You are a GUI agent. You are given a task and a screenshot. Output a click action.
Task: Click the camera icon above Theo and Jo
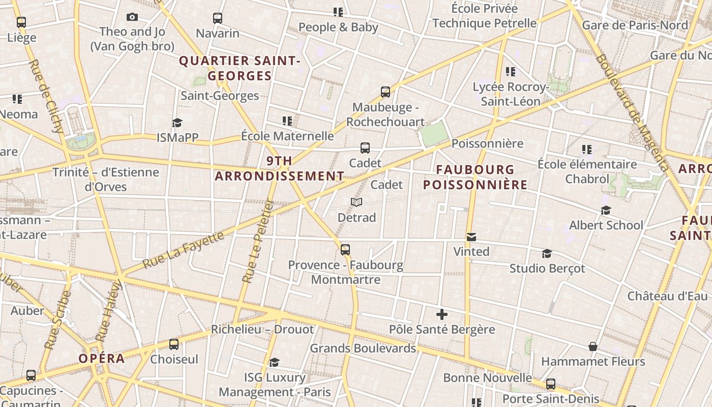click(132, 17)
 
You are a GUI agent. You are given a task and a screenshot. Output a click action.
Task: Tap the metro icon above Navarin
click(218, 18)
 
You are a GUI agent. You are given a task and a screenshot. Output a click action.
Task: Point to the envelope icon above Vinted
click(471, 237)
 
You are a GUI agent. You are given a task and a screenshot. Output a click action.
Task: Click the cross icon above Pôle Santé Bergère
click(442, 314)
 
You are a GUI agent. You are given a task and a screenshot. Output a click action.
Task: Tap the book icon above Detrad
click(357, 202)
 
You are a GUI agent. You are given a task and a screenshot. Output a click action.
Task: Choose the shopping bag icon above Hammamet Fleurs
click(592, 346)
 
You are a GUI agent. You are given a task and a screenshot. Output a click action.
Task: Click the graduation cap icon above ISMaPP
click(177, 123)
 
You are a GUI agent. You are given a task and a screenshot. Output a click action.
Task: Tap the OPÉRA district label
click(102, 358)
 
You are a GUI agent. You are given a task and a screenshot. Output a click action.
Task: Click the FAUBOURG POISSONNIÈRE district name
click(475, 177)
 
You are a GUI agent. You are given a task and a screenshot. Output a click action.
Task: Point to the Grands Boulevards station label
click(363, 348)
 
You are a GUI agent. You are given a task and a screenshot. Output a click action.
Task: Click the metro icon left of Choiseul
click(174, 344)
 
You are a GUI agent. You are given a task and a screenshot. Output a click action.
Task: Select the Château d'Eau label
click(667, 296)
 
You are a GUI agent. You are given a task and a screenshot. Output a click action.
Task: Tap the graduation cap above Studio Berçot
click(547, 253)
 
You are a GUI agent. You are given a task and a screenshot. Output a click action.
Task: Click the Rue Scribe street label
click(57, 319)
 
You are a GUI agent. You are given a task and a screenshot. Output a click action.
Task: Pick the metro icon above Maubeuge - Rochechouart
click(385, 92)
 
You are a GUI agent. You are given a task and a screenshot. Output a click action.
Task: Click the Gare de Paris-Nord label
click(634, 25)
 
